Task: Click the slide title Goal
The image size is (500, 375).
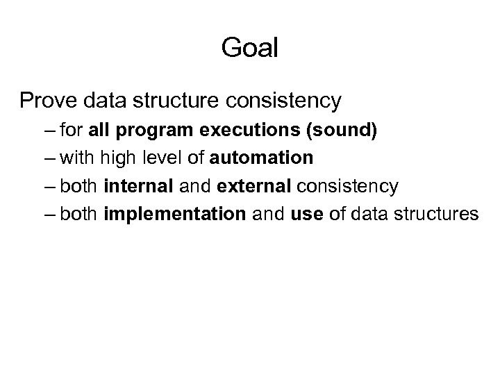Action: tap(249, 47)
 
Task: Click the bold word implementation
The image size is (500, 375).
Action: tap(174, 214)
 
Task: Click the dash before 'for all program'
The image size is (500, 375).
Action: tap(50, 131)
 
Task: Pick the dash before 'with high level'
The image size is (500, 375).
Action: tap(50, 158)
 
